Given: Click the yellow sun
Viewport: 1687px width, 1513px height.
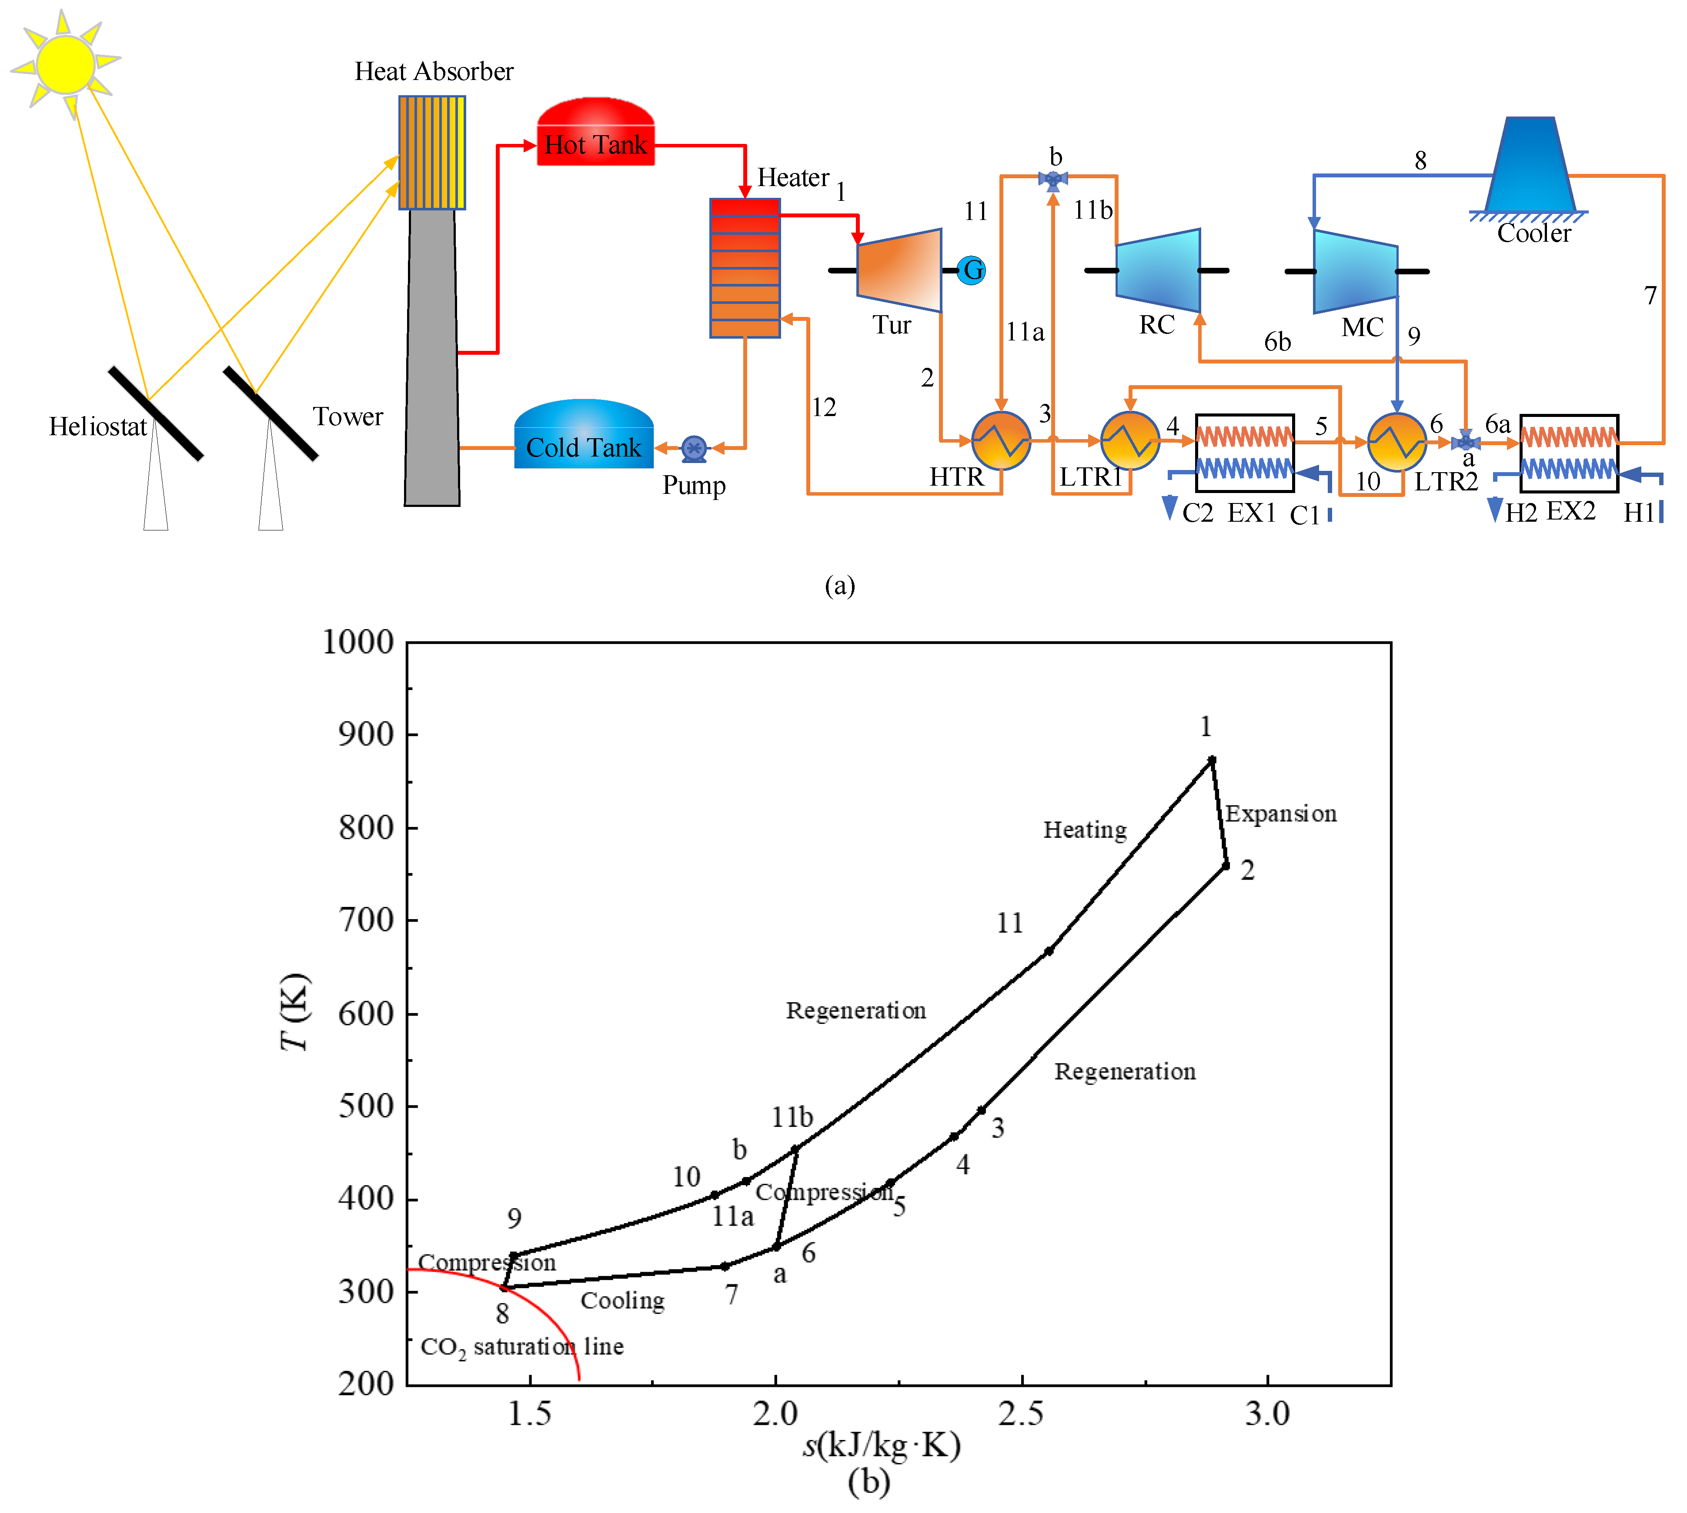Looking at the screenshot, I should point(65,64).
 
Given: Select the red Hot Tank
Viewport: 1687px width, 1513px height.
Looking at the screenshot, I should point(595,133).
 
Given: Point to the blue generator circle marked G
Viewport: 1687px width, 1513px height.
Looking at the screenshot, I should point(971,270).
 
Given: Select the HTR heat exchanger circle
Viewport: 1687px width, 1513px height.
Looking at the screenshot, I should point(1001,440).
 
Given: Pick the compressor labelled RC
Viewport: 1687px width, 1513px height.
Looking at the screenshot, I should point(1157,270).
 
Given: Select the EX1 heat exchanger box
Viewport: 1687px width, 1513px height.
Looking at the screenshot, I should point(1245,453).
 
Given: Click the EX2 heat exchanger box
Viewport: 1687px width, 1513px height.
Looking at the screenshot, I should point(1569,453).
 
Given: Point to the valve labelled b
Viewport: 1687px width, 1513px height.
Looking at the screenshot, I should point(1052,179).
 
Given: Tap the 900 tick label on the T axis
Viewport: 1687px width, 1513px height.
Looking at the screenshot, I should point(366,735).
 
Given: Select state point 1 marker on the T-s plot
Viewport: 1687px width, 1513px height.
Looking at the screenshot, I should point(1211,760).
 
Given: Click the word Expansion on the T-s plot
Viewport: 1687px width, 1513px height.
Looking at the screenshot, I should point(1280,814).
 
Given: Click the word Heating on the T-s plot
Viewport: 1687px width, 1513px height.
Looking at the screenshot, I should point(1085,830).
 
